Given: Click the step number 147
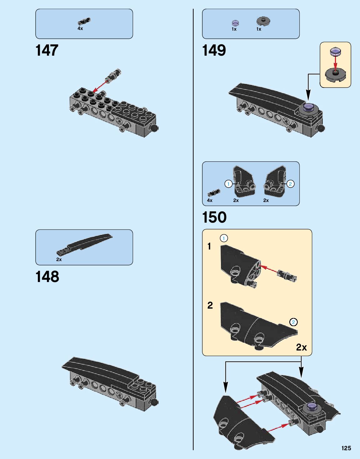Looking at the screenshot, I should (x=47, y=50).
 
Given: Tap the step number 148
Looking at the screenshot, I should (x=47, y=277).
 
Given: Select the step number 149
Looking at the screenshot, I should (x=214, y=50).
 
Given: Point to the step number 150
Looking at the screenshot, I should (x=214, y=217).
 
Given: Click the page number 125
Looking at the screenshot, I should (x=346, y=448).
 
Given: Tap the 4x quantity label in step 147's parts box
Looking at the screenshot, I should (x=80, y=28).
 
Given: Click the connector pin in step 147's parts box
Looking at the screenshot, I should (x=84, y=22).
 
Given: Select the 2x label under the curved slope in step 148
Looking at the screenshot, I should (x=59, y=260).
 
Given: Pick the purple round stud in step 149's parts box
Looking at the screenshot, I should (x=235, y=23).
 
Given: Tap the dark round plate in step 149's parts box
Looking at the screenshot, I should (x=263, y=21).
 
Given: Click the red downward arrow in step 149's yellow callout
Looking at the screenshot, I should (x=335, y=63).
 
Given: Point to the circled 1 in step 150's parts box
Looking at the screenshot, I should (x=228, y=184).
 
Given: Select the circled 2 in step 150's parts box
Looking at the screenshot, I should (x=290, y=184).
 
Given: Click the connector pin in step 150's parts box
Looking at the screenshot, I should (x=214, y=193).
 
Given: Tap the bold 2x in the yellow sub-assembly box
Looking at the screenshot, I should (x=302, y=347).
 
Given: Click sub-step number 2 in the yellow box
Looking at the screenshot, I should (x=210, y=305).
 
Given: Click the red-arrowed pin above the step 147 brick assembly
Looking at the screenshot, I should (x=114, y=75).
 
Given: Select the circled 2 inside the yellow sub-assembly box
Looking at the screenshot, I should (x=293, y=322).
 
